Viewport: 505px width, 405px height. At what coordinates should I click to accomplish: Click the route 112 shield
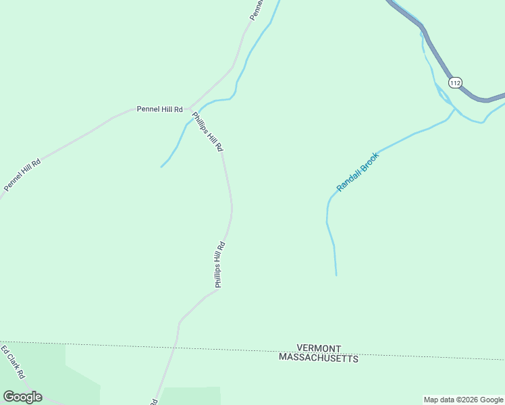point(455,82)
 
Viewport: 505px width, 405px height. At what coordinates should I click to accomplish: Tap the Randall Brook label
point(358,172)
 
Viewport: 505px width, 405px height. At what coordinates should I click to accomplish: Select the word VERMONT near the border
point(323,347)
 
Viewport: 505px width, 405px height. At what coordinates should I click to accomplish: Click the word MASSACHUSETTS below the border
point(318,358)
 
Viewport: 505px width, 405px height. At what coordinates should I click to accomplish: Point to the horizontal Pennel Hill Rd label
point(160,109)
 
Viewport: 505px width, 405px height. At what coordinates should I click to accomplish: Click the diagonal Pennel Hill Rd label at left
point(22,175)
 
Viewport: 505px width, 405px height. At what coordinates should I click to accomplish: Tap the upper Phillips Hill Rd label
point(208,131)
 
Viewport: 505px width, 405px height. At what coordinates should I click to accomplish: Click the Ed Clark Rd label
point(13,362)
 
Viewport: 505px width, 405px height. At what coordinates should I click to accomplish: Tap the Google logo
point(22,397)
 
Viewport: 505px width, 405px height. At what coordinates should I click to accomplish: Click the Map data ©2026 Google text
point(463,400)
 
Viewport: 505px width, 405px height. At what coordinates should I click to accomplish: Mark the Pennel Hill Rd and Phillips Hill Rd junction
point(190,109)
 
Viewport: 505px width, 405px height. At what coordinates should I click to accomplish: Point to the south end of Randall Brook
point(336,274)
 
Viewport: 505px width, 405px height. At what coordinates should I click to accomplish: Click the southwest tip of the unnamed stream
point(161,166)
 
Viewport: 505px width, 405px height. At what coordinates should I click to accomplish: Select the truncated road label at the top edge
point(255,9)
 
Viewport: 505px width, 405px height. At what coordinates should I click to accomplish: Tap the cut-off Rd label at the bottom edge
point(154,401)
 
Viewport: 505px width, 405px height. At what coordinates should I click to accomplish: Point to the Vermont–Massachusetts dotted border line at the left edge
point(3,342)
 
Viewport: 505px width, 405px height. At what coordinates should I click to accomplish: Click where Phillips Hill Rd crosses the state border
point(175,346)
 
